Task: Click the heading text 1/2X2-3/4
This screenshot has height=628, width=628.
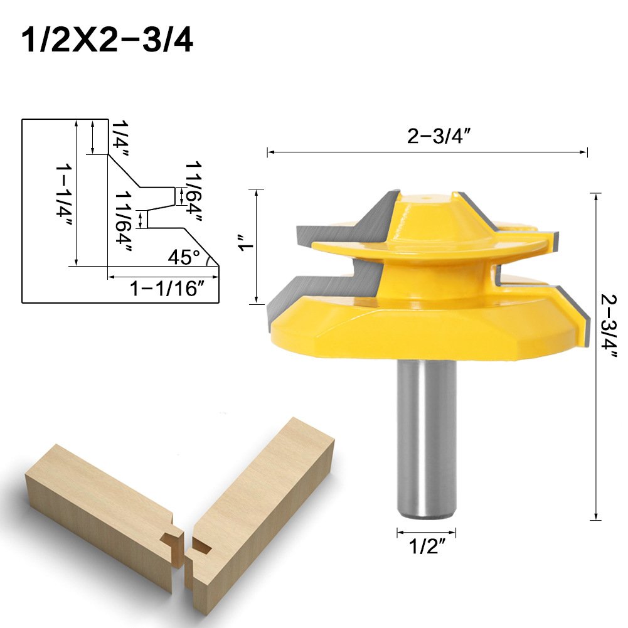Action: (107, 40)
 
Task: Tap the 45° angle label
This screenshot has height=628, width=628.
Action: (183, 256)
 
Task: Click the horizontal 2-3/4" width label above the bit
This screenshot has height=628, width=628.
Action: (439, 137)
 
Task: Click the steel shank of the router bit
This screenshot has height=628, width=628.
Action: (427, 439)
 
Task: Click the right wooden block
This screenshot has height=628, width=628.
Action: (257, 502)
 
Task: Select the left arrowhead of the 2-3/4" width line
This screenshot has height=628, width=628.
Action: (270, 152)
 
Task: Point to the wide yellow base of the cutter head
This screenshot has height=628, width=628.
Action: (427, 326)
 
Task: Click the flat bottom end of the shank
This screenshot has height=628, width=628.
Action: (427, 517)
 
